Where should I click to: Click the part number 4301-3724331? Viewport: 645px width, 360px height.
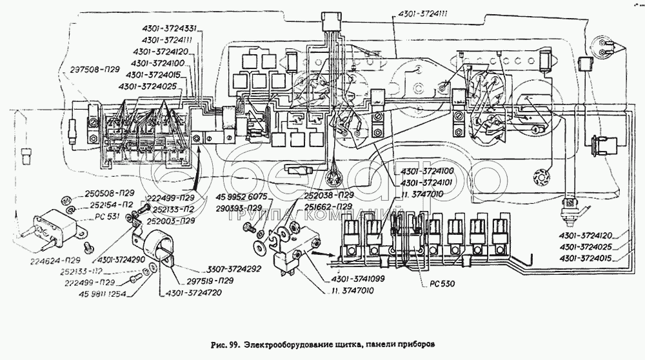pyautogui.click(x=166, y=28)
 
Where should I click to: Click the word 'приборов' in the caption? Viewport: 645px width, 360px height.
pyautogui.click(x=413, y=345)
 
